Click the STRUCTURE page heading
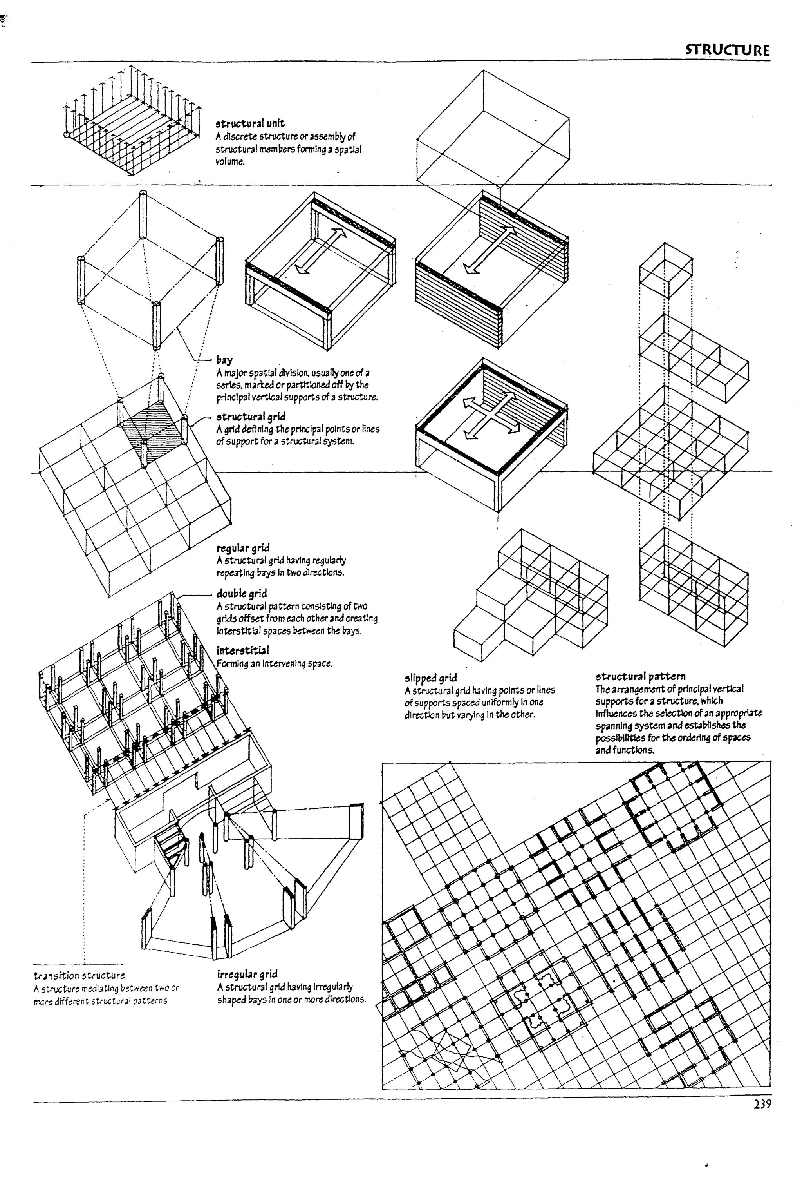[x=727, y=50]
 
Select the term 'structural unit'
[x=250, y=123]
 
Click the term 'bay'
[x=224, y=360]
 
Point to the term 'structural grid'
[x=251, y=417]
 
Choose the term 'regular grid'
[x=243, y=548]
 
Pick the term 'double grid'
[x=241, y=593]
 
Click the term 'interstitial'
[x=243, y=650]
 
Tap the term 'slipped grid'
[x=430, y=677]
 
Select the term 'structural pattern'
[x=640, y=676]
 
